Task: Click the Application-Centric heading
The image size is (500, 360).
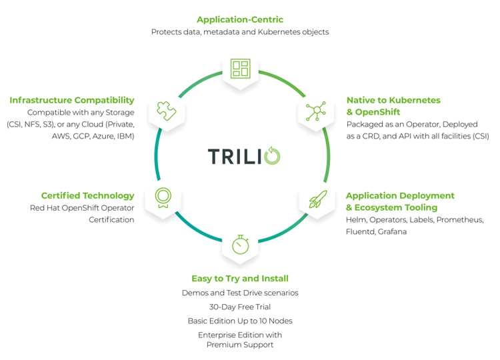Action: [x=239, y=19]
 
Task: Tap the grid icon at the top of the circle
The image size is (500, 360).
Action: [x=239, y=69]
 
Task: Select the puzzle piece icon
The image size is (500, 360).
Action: [x=165, y=110]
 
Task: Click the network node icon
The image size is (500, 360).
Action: [x=315, y=111]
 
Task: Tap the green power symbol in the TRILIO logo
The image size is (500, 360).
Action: [x=272, y=156]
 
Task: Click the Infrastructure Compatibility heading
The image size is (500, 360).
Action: [x=71, y=100]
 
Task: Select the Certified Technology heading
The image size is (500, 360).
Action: [x=87, y=195]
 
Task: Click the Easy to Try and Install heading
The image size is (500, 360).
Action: [x=239, y=278]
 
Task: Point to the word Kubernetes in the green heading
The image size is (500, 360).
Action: [x=411, y=100]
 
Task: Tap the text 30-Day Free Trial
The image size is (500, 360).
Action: [x=239, y=307]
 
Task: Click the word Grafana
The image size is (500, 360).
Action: [x=394, y=231]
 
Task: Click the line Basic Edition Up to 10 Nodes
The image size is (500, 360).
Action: [x=239, y=321]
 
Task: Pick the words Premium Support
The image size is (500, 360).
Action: [x=239, y=345]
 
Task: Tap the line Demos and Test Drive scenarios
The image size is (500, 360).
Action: [x=239, y=293]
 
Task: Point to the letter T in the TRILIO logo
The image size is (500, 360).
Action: [x=213, y=156]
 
